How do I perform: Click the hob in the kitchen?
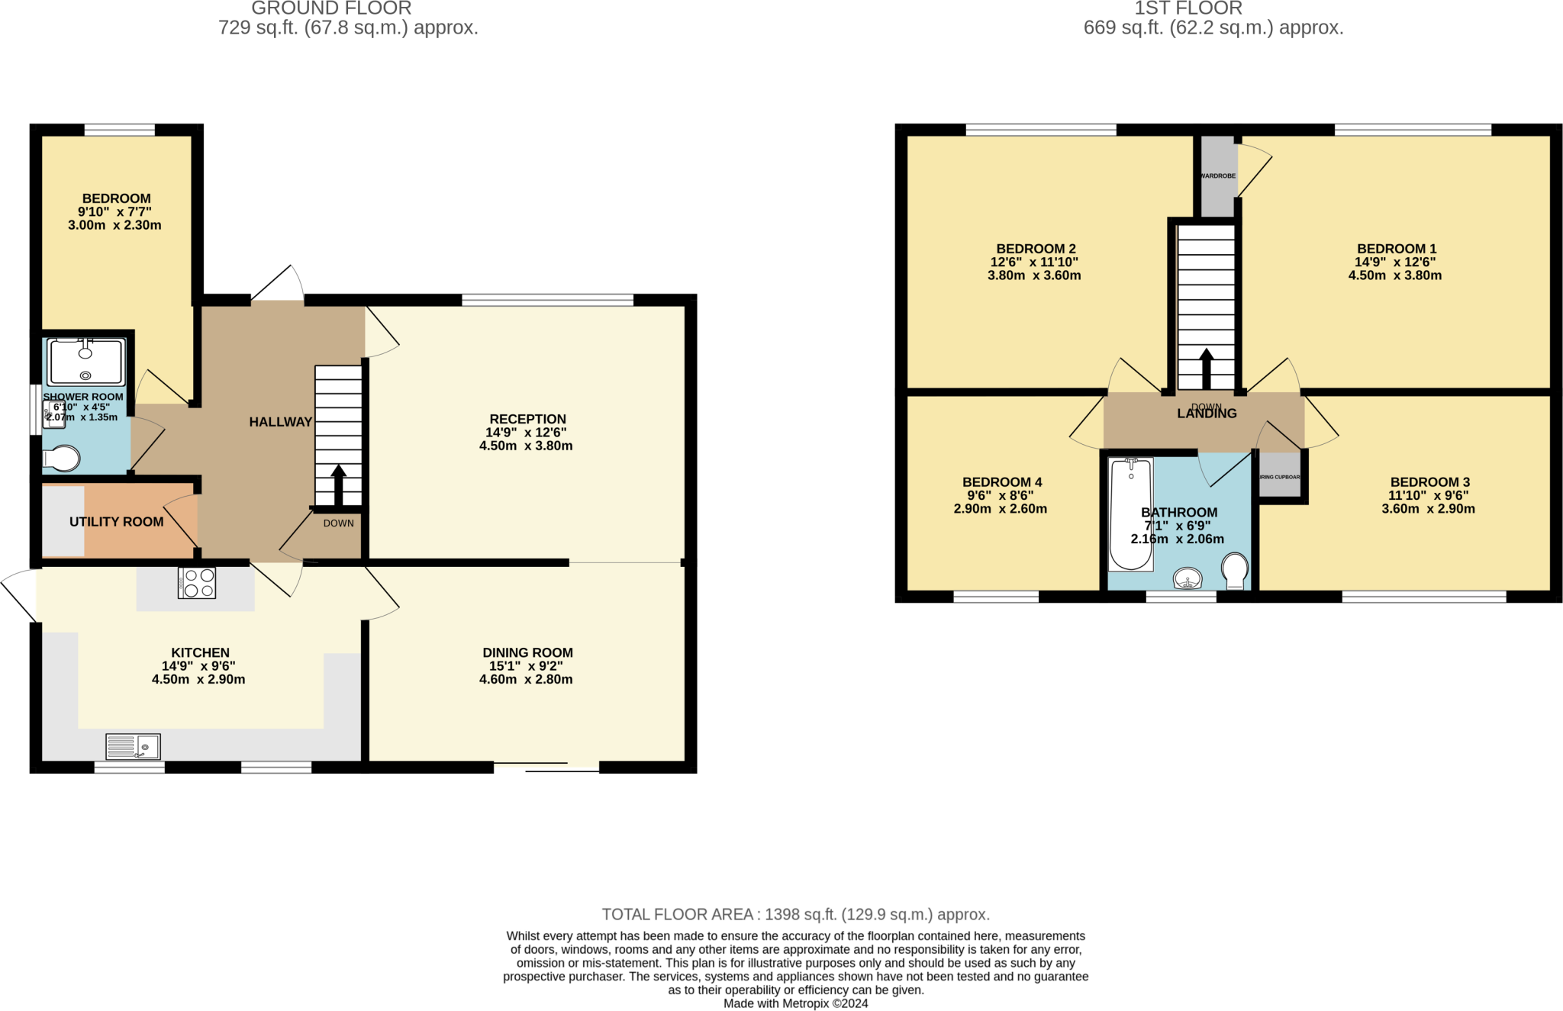[x=197, y=583]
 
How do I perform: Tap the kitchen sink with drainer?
[x=133, y=746]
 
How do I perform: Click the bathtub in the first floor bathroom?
[x=1130, y=514]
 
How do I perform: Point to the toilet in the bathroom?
[x=1234, y=570]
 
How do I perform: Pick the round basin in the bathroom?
[x=1188, y=578]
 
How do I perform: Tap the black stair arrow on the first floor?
[x=1206, y=369]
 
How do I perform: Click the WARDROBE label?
[x=1217, y=176]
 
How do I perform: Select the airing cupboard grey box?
[x=1280, y=477]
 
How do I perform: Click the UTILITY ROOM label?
[x=116, y=522]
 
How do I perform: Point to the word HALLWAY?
[x=280, y=422]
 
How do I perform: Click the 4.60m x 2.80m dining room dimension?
[x=526, y=679]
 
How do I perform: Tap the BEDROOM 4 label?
[x=1001, y=482]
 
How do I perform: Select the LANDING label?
[x=1207, y=414]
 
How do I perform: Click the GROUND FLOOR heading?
[x=331, y=9]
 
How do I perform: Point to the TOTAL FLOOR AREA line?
[x=795, y=914]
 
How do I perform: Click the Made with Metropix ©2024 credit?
[x=795, y=1003]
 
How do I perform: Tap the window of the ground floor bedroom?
[x=119, y=130]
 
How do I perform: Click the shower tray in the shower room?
[x=85, y=362]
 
